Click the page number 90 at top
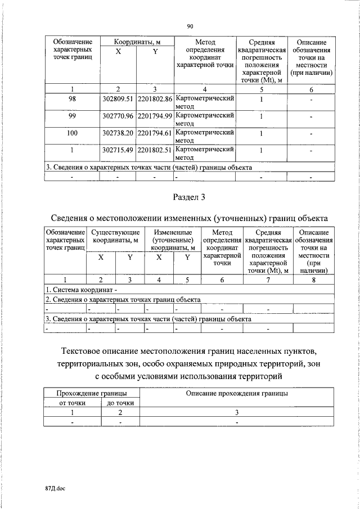point(190,26)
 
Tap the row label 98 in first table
point(72,99)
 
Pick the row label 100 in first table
point(72,133)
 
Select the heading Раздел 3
point(190,196)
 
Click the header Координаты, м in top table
point(137,43)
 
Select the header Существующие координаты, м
point(115,236)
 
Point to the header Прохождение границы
point(92,394)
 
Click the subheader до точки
point(120,403)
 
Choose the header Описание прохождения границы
point(237,394)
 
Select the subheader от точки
point(72,403)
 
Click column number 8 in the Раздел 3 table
point(313,280)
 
